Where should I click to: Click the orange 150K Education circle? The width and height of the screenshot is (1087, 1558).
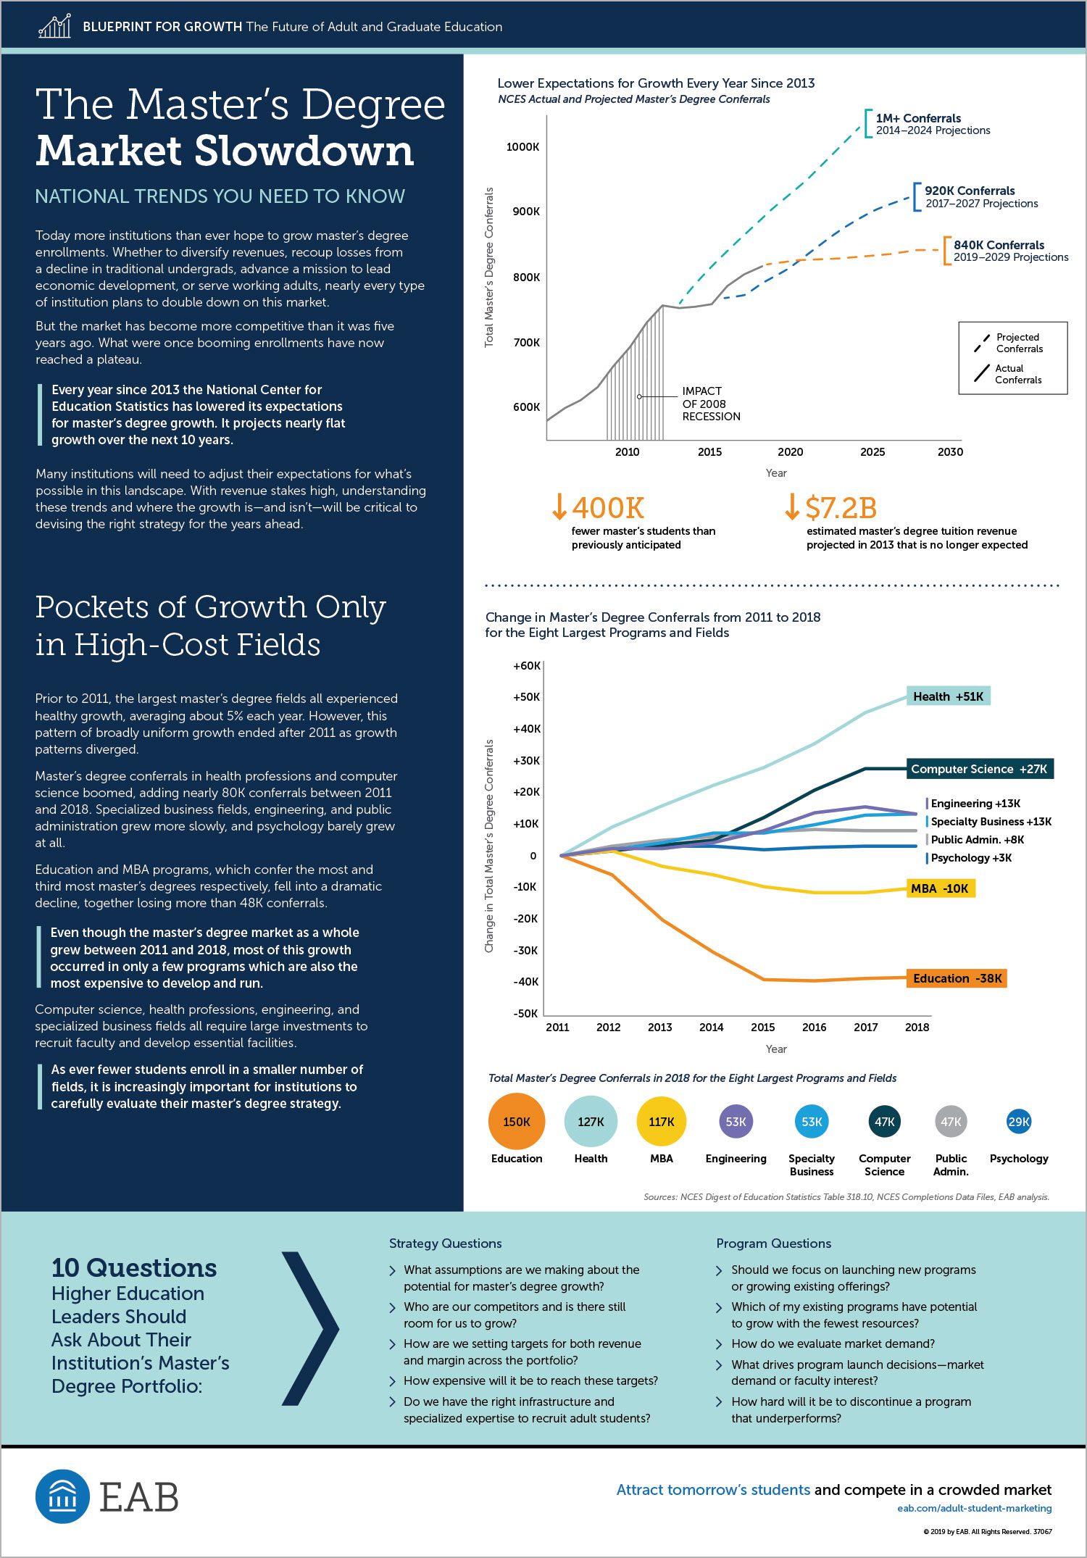tap(517, 1121)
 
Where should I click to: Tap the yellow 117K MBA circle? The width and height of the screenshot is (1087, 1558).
tap(662, 1121)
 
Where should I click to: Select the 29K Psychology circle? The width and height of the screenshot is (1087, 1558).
tap(1019, 1121)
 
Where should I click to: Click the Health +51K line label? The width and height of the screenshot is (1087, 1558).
tap(949, 696)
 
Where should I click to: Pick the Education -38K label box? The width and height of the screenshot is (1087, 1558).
tap(957, 978)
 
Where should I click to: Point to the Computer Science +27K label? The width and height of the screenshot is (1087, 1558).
tap(980, 769)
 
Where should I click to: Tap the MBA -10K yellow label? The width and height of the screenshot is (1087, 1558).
tap(941, 888)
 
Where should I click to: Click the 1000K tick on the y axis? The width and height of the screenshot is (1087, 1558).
tap(522, 146)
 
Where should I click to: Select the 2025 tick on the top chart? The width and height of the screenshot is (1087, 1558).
tap(872, 451)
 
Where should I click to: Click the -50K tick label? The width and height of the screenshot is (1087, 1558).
tap(525, 1013)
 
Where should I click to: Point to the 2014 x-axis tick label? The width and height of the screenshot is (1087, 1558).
tap(712, 1027)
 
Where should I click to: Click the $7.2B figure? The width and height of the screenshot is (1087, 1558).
tap(841, 508)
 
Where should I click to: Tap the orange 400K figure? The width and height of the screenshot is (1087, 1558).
tap(607, 508)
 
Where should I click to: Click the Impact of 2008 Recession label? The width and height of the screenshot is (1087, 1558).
tap(711, 404)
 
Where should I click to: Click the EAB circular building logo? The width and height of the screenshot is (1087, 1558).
tap(62, 1496)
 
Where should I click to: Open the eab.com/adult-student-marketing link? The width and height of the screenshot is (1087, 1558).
tap(974, 1508)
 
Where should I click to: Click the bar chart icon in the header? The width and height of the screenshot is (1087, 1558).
tap(54, 26)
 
